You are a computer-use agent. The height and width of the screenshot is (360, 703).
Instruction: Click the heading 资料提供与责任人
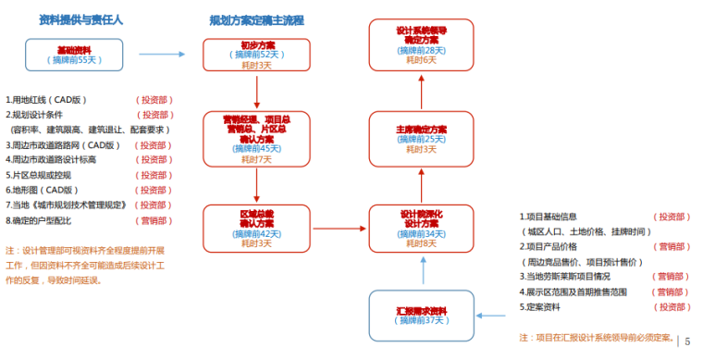(x=81, y=19)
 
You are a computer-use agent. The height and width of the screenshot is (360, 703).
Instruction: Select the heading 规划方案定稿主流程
(x=256, y=19)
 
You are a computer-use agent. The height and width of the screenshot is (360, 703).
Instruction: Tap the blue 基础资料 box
(x=74, y=55)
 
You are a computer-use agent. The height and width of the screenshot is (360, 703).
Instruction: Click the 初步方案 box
(x=256, y=55)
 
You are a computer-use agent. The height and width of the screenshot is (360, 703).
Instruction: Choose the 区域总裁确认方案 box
(x=256, y=229)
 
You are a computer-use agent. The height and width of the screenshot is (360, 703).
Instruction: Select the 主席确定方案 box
(x=422, y=139)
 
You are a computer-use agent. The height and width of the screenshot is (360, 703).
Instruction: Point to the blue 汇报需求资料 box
(x=422, y=316)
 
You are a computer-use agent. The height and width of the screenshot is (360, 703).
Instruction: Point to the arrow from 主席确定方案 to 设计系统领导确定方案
(x=422, y=92)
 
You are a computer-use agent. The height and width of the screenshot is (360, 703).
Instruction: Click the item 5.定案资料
(x=545, y=306)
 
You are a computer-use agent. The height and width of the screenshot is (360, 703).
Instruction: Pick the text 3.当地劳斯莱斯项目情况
(x=571, y=276)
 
